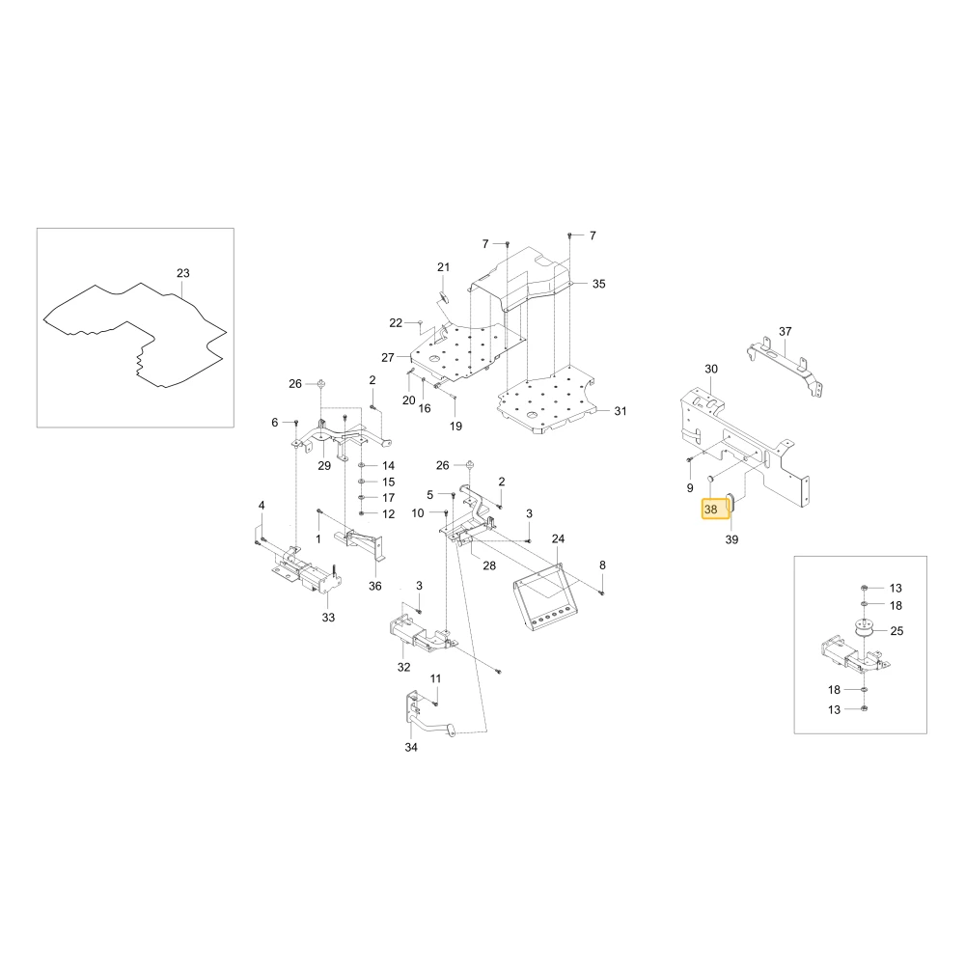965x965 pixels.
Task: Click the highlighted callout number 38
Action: [711, 510]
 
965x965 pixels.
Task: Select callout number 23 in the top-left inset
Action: [182, 273]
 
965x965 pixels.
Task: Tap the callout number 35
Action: [599, 284]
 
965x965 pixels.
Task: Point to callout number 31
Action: [620, 411]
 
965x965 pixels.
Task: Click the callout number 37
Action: [786, 332]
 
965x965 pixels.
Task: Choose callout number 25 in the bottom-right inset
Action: [896, 631]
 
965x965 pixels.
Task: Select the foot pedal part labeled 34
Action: [429, 720]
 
